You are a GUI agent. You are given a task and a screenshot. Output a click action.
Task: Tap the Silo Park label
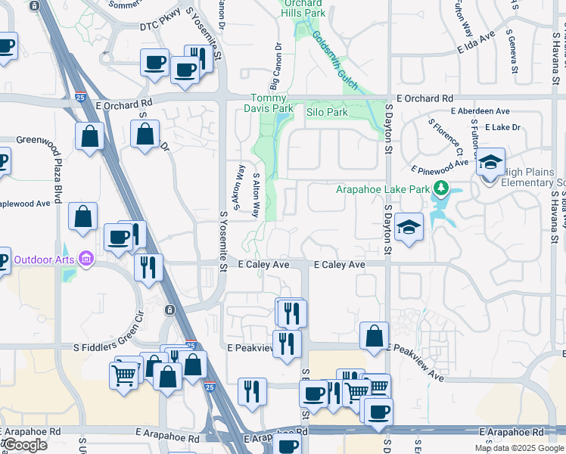tap(327, 112)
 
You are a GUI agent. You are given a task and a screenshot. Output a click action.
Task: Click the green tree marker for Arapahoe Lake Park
tap(440, 188)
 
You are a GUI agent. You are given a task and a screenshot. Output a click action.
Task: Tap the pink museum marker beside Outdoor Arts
tap(87, 260)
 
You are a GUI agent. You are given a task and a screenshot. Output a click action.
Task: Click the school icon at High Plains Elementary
tap(490, 162)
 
